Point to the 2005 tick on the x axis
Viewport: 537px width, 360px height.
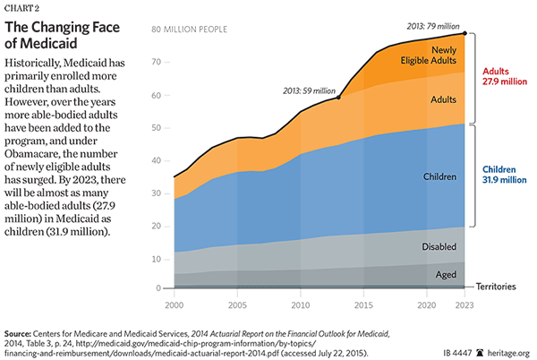pyautogui.click(x=236, y=304)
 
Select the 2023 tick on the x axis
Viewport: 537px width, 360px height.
pyautogui.click(x=464, y=304)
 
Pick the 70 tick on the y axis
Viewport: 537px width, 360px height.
pyautogui.click(x=156, y=62)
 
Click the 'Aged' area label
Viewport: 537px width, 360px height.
pyautogui.click(x=446, y=275)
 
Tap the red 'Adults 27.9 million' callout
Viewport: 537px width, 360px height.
pyautogui.click(x=507, y=75)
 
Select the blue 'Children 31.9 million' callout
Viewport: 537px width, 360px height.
pyautogui.click(x=507, y=174)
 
